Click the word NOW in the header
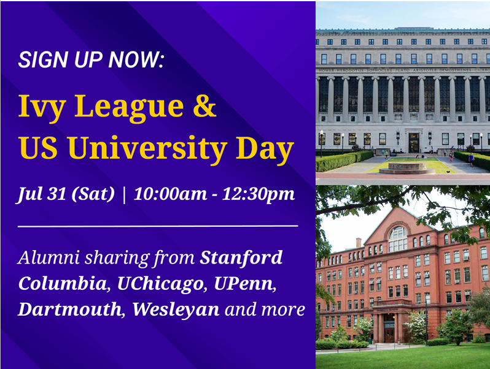(134, 59)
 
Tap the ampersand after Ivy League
(204, 106)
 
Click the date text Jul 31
(41, 194)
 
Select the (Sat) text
(93, 194)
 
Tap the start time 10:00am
(170, 194)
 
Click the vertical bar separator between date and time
(125, 195)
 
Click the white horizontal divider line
(158, 226)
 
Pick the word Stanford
(241, 257)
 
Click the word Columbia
(63, 283)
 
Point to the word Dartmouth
(69, 309)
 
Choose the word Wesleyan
(176, 310)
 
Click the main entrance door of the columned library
(414, 143)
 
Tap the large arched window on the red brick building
(397, 238)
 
